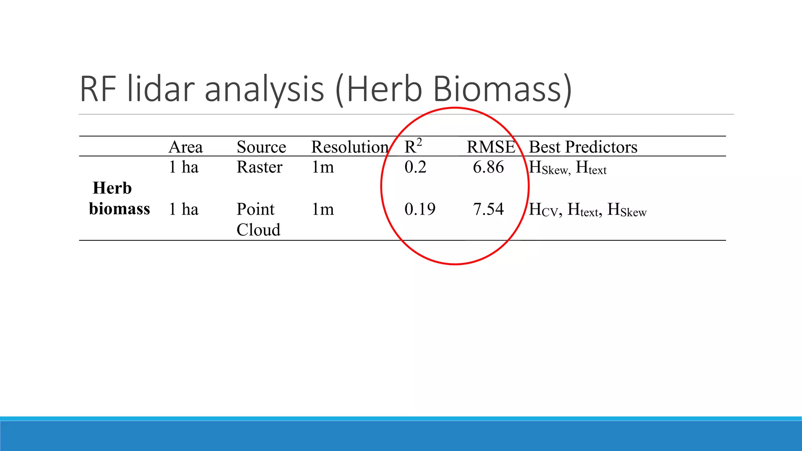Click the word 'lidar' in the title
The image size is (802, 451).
pos(161,89)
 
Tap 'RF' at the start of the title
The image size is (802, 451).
pos(98,89)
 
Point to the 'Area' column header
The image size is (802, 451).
pos(186,147)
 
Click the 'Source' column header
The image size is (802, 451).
pos(261,147)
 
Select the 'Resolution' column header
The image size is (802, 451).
pos(350,147)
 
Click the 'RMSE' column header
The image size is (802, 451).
pos(491,147)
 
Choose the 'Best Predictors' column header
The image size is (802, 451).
pos(583,147)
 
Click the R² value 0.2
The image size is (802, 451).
pos(415,167)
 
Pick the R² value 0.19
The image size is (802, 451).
pos(420,209)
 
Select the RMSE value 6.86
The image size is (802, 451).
pos(488,167)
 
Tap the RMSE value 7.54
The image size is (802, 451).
pos(488,209)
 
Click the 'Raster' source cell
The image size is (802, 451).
pos(259,167)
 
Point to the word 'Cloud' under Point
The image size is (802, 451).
pos(258,230)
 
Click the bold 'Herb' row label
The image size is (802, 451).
pos(112,188)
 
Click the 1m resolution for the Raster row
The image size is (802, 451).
pos(323,167)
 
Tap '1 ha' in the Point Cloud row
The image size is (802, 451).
pos(184,209)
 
